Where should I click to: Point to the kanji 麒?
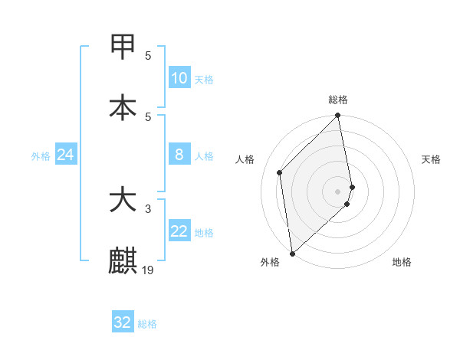click(123, 260)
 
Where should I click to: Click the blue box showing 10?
click(179, 78)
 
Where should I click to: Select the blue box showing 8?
click(179, 155)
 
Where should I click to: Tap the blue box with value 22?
click(179, 232)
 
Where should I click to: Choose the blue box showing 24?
click(66, 155)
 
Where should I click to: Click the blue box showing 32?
click(123, 322)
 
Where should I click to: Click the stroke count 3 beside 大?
click(149, 208)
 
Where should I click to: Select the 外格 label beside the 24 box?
click(41, 156)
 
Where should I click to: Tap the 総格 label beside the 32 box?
click(147, 324)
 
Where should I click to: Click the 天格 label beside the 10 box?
click(204, 80)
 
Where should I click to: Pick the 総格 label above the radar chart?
click(338, 100)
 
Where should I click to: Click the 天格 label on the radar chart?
click(432, 159)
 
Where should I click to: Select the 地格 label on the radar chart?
click(402, 262)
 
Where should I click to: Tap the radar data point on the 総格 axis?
click(338, 116)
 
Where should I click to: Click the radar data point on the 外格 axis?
click(292, 253)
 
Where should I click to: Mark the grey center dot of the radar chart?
click(338, 191)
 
